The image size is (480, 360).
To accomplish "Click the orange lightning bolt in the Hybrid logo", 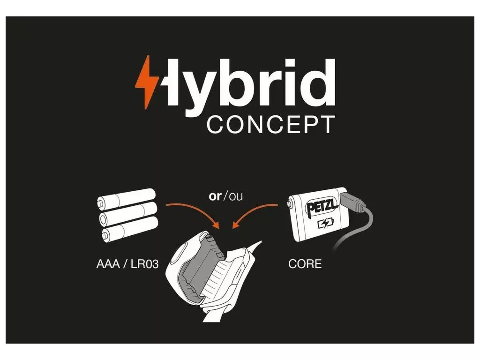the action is (147, 82).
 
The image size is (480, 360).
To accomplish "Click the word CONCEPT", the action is (271, 125).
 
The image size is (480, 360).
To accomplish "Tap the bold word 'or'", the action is (215, 196).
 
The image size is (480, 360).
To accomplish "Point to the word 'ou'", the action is (236, 196).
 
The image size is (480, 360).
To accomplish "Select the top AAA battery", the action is (127, 198).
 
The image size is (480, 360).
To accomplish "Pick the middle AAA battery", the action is (128, 213).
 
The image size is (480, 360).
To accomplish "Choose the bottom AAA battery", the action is (130, 229).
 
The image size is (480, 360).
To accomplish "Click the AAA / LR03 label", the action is (127, 264).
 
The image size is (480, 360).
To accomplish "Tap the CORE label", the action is (305, 264).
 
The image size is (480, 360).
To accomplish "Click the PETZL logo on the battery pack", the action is (322, 207).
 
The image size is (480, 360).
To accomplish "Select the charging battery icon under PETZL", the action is (326, 224).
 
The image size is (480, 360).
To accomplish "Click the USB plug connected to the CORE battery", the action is (353, 202).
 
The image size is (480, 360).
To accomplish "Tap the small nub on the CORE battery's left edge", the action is (289, 203).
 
